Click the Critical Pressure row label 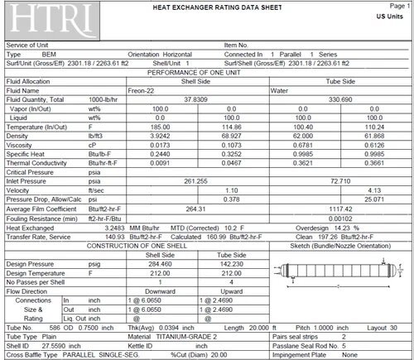click(34, 170)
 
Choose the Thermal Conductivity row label click(41, 163)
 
